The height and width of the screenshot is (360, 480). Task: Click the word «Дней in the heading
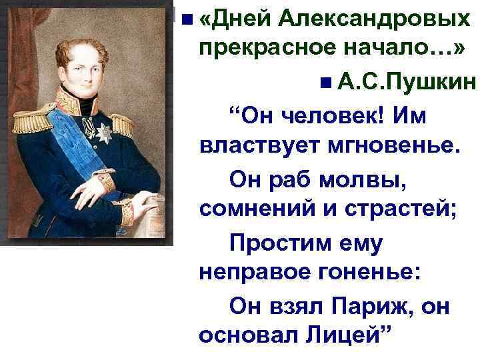coord(234,18)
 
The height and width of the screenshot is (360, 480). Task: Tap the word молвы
coord(363,179)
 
